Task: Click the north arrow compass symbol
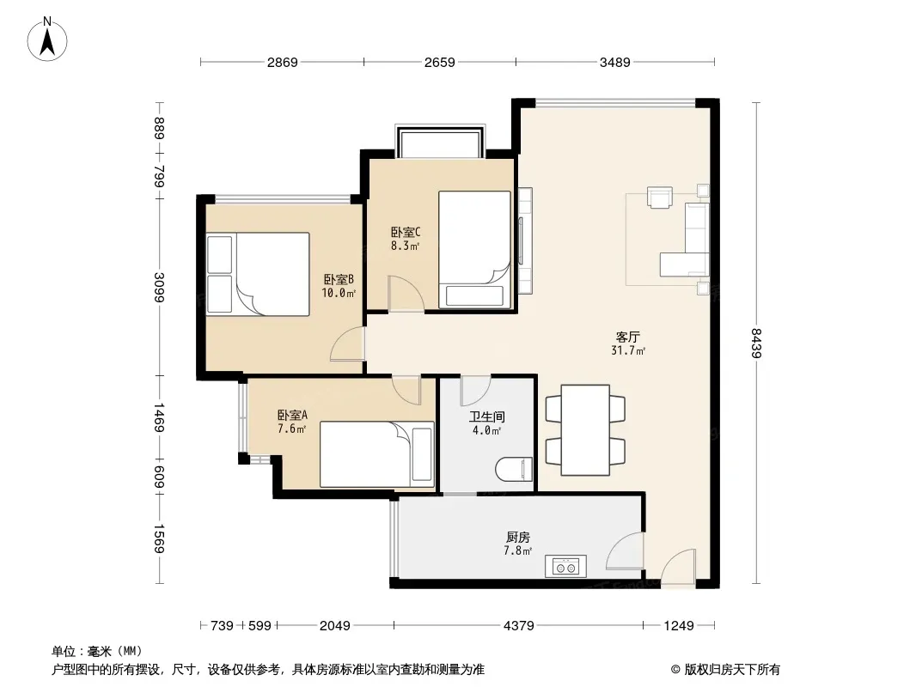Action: click(x=47, y=40)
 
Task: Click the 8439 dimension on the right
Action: click(x=756, y=343)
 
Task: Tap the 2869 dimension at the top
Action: click(x=283, y=62)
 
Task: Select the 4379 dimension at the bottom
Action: click(x=519, y=626)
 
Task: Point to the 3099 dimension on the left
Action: click(x=159, y=287)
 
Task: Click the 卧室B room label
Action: click(x=339, y=280)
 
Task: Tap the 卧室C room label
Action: click(x=406, y=233)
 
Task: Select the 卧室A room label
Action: click(x=292, y=416)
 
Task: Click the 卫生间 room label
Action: click(x=486, y=416)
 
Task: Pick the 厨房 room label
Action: click(x=518, y=537)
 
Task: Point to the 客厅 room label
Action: click(x=628, y=337)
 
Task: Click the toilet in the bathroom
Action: click(x=514, y=469)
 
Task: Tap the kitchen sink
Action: click(x=565, y=566)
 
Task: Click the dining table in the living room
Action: click(x=585, y=430)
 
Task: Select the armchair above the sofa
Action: click(x=660, y=197)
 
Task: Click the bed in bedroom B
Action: click(x=258, y=274)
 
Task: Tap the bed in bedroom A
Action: click(x=377, y=454)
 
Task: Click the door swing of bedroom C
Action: click(x=406, y=294)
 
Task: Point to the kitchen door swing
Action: click(x=625, y=550)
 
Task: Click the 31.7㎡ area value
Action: click(x=628, y=350)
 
